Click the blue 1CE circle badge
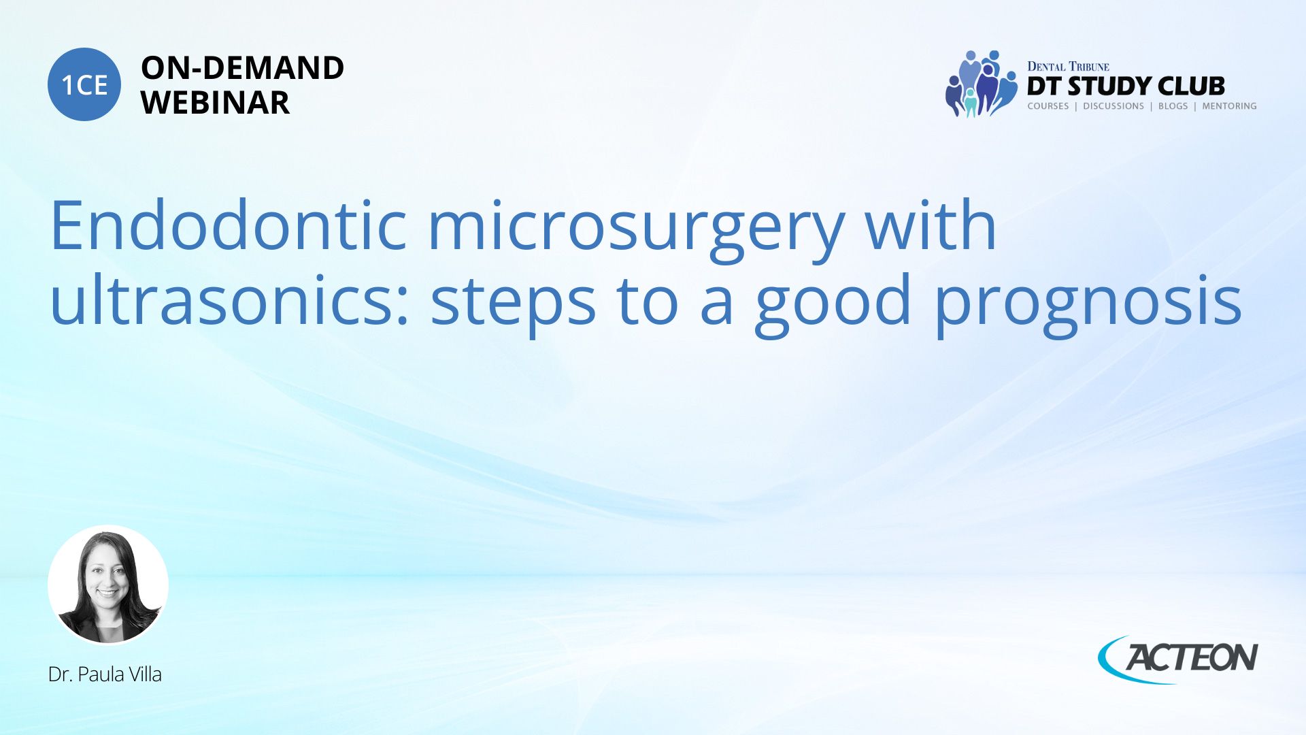[84, 84]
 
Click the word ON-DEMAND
[242, 68]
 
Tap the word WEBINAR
[215, 103]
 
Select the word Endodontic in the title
[228, 225]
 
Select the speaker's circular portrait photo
[108, 585]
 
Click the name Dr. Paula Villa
[105, 674]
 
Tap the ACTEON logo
[1178, 658]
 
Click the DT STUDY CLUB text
[1126, 86]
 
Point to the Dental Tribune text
[1068, 66]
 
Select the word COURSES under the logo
[1048, 106]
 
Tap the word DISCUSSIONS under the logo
[1114, 106]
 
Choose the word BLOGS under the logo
[1173, 106]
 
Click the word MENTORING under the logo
[1229, 106]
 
